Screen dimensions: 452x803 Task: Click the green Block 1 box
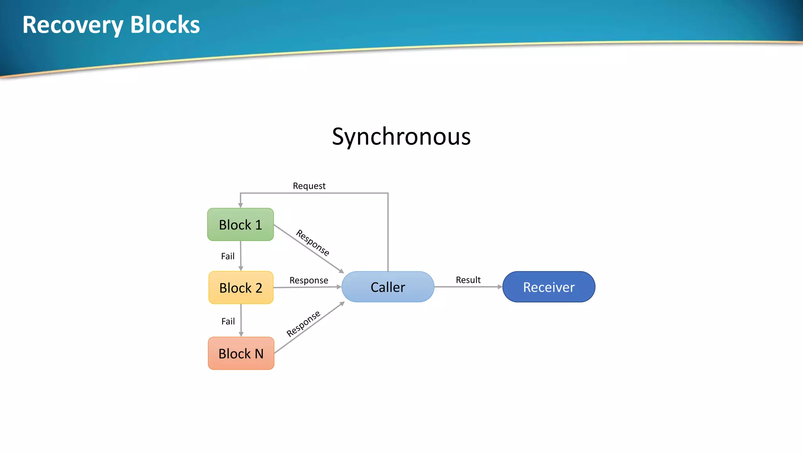pyautogui.click(x=240, y=224)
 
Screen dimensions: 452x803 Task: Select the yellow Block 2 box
pyautogui.click(x=241, y=288)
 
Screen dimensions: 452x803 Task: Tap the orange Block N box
pyautogui.click(x=241, y=353)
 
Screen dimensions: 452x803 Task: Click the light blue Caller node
pyautogui.click(x=388, y=287)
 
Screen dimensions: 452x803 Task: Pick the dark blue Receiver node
pyautogui.click(x=549, y=287)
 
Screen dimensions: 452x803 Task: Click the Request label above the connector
pyautogui.click(x=309, y=186)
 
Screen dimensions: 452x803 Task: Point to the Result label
pyautogui.click(x=468, y=280)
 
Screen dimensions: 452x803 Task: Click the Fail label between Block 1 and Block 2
pyautogui.click(x=228, y=256)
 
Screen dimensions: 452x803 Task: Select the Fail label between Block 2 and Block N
pyautogui.click(x=228, y=321)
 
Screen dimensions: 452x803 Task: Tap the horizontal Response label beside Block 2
pyautogui.click(x=309, y=280)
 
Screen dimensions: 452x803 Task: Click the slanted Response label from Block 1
pyautogui.click(x=312, y=242)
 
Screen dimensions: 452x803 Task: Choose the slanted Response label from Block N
pyautogui.click(x=303, y=324)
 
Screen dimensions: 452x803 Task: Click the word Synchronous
pyautogui.click(x=401, y=137)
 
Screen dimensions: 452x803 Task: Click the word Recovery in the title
pyautogui.click(x=73, y=25)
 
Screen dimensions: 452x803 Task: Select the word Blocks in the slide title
pyautogui.click(x=165, y=25)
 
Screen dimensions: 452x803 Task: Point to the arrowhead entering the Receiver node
pyautogui.click(x=500, y=287)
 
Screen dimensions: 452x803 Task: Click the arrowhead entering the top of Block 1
pyautogui.click(x=240, y=205)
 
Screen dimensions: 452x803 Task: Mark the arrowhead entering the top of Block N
pyautogui.click(x=241, y=334)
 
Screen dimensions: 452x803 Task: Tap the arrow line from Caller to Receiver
pyautogui.click(x=467, y=287)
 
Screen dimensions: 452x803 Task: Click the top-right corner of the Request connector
pyautogui.click(x=388, y=193)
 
